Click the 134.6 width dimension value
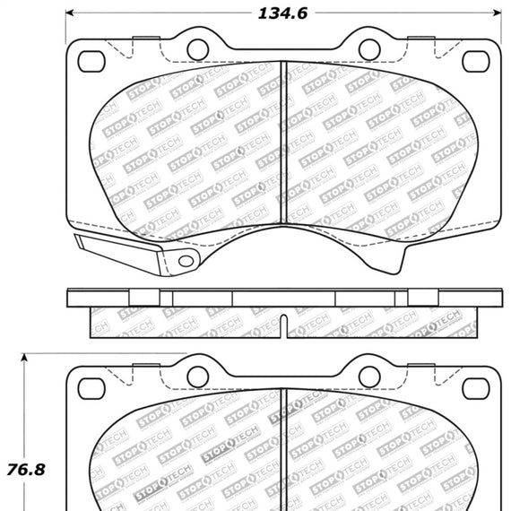tap(281, 13)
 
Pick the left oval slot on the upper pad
tap(92, 61)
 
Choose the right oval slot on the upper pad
tap(475, 61)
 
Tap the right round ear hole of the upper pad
tap(368, 48)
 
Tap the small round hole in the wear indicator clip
tap(186, 261)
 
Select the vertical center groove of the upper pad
tap(283, 152)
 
